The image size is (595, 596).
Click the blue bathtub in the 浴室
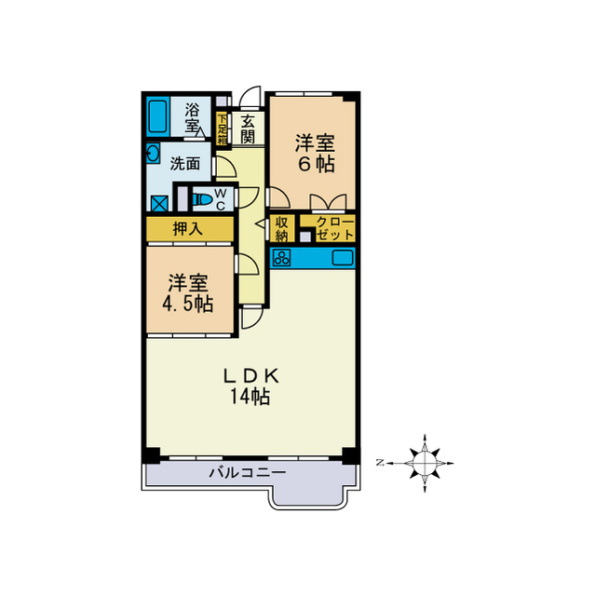tap(157, 116)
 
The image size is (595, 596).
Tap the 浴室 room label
tap(192, 116)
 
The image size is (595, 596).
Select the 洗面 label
tap(184, 163)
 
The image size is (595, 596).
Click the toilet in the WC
tap(199, 198)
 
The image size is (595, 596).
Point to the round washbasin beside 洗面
tap(152, 153)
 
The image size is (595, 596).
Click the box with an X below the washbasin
tap(157, 202)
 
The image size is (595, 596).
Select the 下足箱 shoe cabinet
tap(223, 128)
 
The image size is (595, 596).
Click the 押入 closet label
tap(188, 228)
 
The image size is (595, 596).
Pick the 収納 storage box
tap(282, 228)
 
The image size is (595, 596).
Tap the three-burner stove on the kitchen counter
tap(282, 257)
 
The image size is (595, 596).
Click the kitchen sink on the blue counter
tap(341, 257)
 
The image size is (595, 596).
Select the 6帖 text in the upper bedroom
tap(315, 163)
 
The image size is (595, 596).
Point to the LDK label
tap(250, 375)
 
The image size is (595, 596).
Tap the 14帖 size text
tap(250, 397)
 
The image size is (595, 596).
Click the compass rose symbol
tap(425, 461)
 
